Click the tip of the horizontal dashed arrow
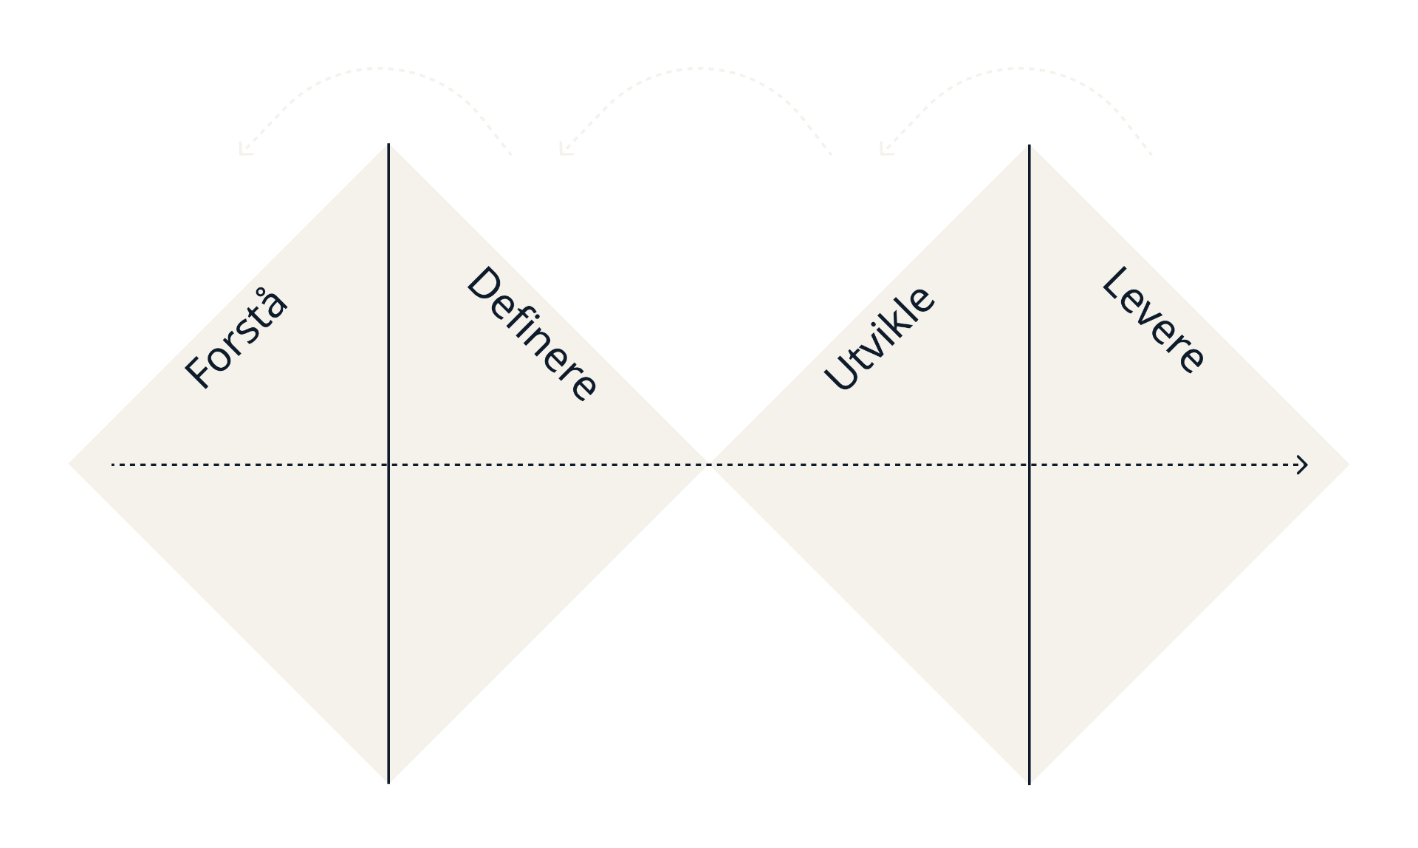[x=1307, y=465]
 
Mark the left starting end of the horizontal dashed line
[x=112, y=465]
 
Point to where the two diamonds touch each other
[x=709, y=465]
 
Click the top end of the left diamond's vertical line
[x=388, y=144]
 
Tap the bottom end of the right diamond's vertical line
[x=1030, y=784]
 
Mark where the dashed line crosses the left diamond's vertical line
[x=388, y=465]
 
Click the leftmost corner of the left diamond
[x=69, y=465]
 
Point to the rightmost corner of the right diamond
[x=1349, y=465]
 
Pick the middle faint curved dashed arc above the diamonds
[x=698, y=69]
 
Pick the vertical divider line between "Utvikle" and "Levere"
[x=1030, y=465]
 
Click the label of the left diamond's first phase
[x=236, y=338]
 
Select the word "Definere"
[x=532, y=333]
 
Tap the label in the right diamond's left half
[x=879, y=338]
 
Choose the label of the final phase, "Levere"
[x=1154, y=320]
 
